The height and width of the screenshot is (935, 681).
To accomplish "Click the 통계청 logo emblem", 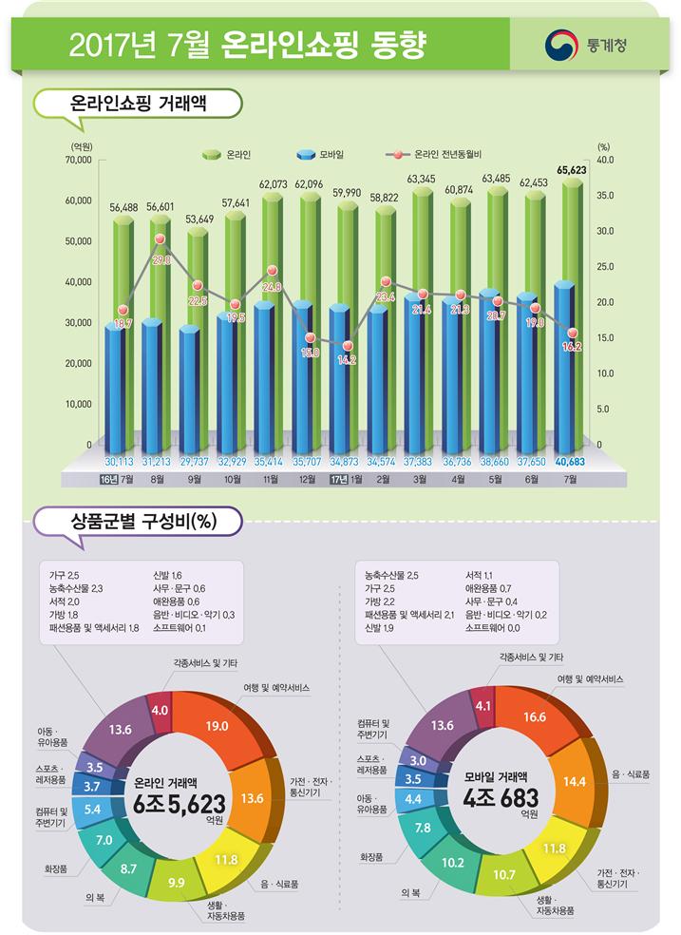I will (560, 44).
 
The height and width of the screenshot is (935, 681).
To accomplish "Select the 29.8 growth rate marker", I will (161, 239).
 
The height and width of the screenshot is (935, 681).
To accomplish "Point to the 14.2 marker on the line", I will (348, 346).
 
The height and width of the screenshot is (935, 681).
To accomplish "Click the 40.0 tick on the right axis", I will (604, 161).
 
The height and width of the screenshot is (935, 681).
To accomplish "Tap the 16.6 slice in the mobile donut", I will (535, 716).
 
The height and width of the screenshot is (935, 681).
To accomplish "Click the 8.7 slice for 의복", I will (128, 868).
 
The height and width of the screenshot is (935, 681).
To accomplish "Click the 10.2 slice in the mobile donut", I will (453, 864).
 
